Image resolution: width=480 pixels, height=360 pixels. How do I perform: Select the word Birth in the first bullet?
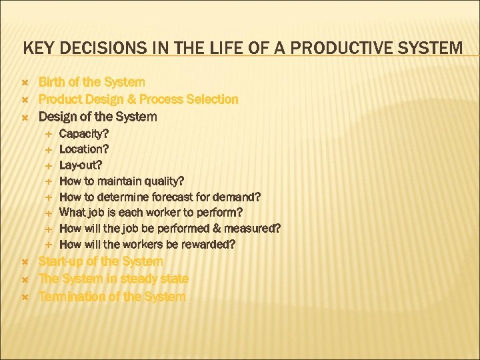[x=53, y=82]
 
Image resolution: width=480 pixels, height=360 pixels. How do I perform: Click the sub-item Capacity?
[x=84, y=133]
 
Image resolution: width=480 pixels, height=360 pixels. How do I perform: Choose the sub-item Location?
[x=84, y=149]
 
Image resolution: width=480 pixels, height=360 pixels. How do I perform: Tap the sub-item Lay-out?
[x=81, y=165]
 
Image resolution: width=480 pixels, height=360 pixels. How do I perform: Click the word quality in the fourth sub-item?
[x=163, y=181]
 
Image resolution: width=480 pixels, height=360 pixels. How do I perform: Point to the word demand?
[x=237, y=197]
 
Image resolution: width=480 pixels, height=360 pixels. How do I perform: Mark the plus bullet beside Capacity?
[x=49, y=134]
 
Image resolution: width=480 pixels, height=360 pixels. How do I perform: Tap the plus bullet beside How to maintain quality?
[x=49, y=181]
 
